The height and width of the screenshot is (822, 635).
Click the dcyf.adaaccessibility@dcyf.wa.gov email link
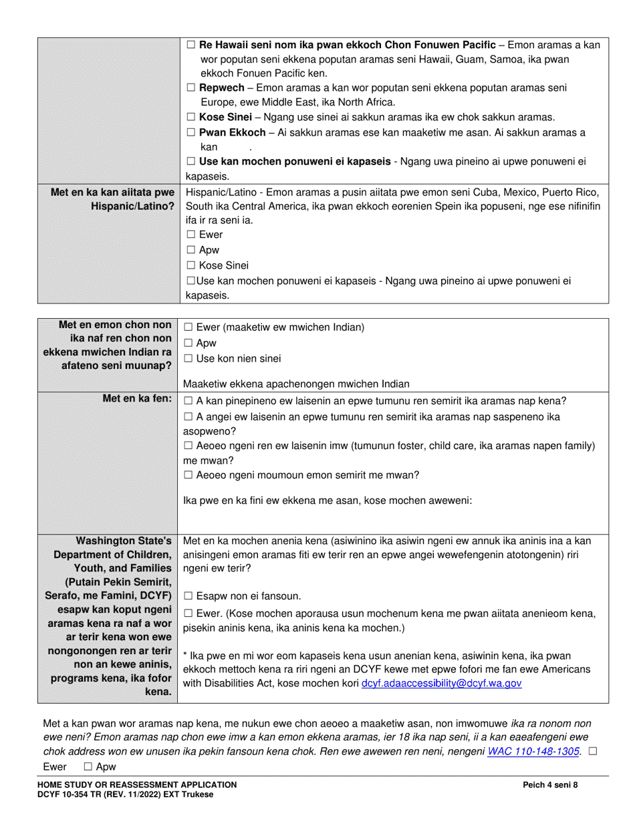440,684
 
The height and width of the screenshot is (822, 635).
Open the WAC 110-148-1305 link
533,751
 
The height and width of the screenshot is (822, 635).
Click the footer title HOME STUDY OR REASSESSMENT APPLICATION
137,785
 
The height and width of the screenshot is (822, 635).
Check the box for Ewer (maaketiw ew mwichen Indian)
188,327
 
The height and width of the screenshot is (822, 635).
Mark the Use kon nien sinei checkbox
188,359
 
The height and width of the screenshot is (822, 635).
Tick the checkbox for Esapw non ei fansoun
188,596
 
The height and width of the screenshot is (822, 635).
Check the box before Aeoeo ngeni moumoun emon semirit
188,475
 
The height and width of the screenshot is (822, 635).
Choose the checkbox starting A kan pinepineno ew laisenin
188,401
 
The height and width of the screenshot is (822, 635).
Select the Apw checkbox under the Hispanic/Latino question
190,250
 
